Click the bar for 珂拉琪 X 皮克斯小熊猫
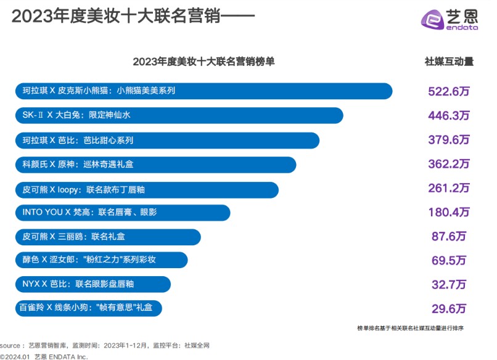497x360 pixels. (x=203, y=91)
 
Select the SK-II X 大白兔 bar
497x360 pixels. (x=179, y=115)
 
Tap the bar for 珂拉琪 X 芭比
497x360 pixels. (x=166, y=140)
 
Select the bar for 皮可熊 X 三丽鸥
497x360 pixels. (x=108, y=237)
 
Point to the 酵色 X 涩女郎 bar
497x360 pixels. (x=101, y=260)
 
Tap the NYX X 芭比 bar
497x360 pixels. (x=92, y=284)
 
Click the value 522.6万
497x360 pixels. (x=448, y=91)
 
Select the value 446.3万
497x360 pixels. (x=448, y=116)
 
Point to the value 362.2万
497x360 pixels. (x=448, y=164)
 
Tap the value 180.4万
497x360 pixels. (x=448, y=213)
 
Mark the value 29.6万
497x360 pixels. (x=448, y=308)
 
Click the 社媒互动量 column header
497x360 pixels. (x=448, y=62)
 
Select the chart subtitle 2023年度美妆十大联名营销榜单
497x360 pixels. (x=203, y=62)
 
